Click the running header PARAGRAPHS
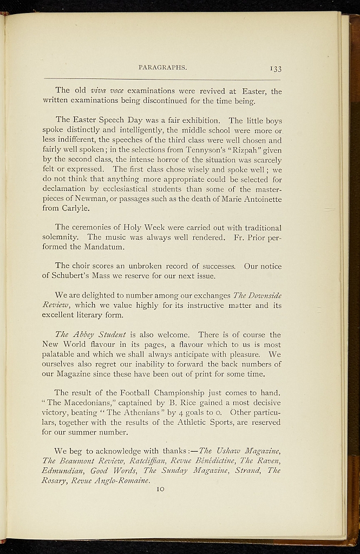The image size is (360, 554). pos(162,68)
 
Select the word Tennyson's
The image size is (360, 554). pos(197,150)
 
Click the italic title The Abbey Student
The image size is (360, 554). pos(90,335)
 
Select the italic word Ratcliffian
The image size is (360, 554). pos(160,461)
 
